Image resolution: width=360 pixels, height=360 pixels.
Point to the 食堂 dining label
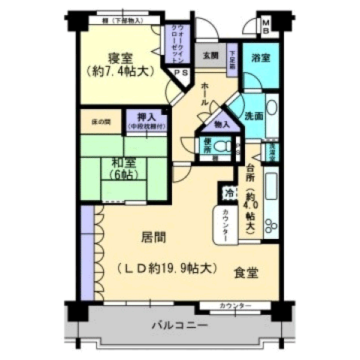point(245,273)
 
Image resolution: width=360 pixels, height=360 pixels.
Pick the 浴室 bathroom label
point(261,57)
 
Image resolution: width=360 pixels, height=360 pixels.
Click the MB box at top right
point(266,28)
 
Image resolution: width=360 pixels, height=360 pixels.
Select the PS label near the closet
point(182,72)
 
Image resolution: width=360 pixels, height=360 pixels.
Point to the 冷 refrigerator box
point(228,193)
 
